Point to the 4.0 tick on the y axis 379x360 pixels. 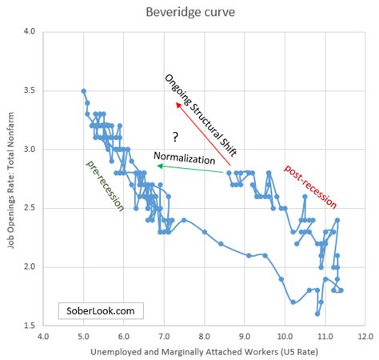pos(30,32)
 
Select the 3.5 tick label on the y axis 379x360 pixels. pos(30,91)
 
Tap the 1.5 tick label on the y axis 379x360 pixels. pos(30,326)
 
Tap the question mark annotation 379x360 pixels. pos(174,136)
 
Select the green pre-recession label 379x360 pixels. pos(105,186)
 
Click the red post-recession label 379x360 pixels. pos(310,185)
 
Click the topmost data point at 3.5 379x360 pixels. pos(84,91)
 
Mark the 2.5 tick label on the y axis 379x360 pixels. pos(30,208)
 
